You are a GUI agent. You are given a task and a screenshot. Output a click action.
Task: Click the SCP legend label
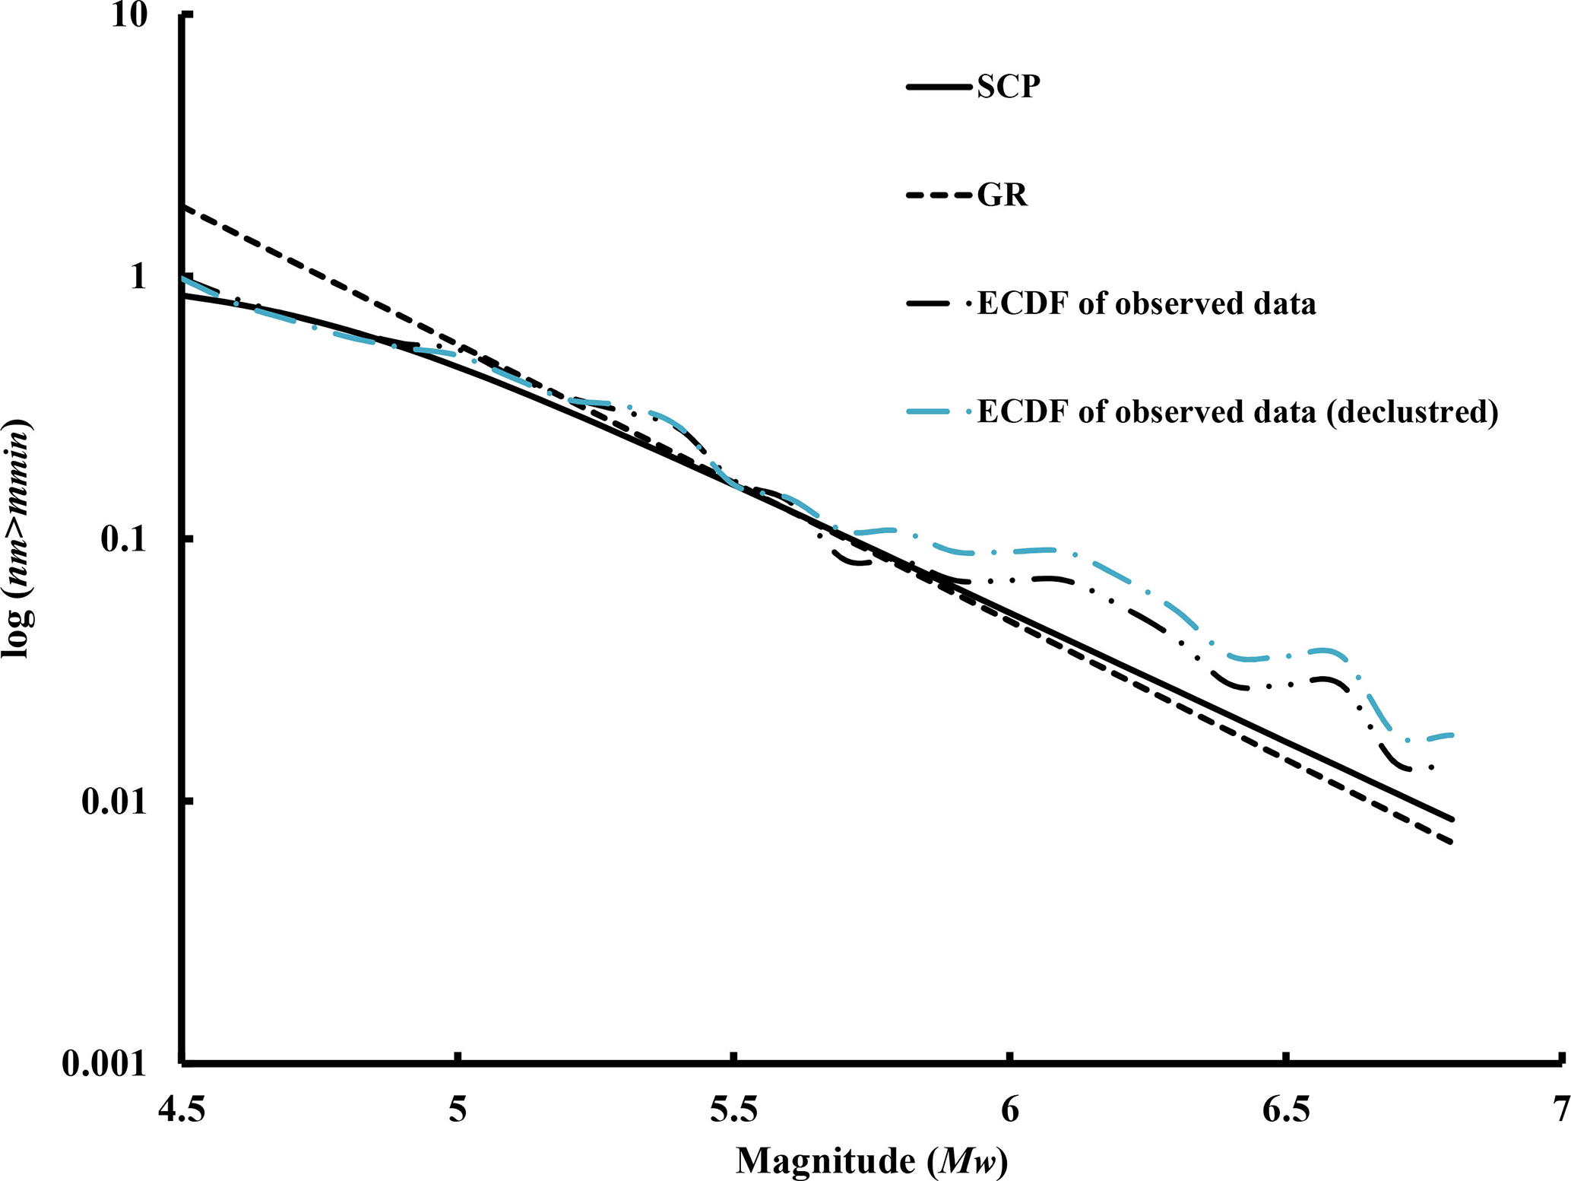point(1009,87)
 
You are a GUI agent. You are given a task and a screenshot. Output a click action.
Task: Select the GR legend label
point(1002,195)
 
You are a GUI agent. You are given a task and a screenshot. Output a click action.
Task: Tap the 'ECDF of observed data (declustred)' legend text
point(1237,411)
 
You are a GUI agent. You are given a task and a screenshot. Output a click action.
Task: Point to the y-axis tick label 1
point(137,277)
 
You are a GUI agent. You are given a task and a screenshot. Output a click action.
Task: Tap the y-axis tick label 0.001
point(103,1063)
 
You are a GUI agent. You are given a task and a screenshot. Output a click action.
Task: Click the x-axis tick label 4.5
point(182,1111)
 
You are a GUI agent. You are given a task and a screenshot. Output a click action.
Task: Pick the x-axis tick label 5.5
point(733,1111)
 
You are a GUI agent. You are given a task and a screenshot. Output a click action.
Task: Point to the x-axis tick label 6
point(1009,1111)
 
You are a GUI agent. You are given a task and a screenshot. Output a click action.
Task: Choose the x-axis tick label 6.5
point(1286,1111)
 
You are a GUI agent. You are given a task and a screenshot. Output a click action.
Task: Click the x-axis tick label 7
point(1560,1111)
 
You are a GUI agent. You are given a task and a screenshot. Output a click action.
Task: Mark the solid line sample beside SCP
point(939,87)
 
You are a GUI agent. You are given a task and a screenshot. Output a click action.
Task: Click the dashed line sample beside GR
point(939,195)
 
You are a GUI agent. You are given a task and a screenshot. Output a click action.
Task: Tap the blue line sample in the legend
point(939,411)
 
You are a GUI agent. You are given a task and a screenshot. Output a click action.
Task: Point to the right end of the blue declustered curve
point(1452,735)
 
